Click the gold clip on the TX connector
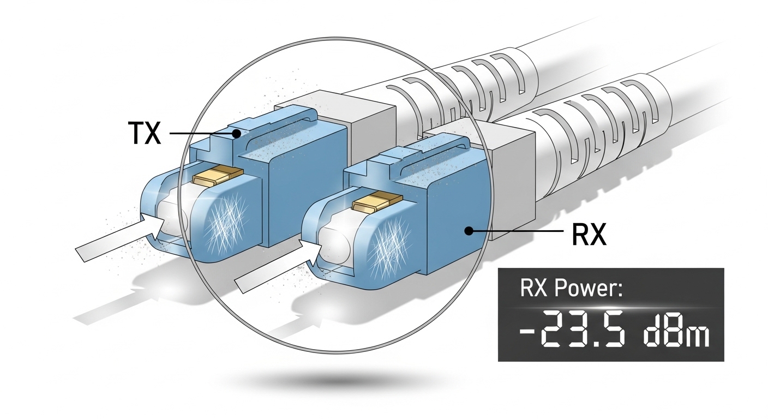[218, 175]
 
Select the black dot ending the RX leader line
[469, 231]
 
